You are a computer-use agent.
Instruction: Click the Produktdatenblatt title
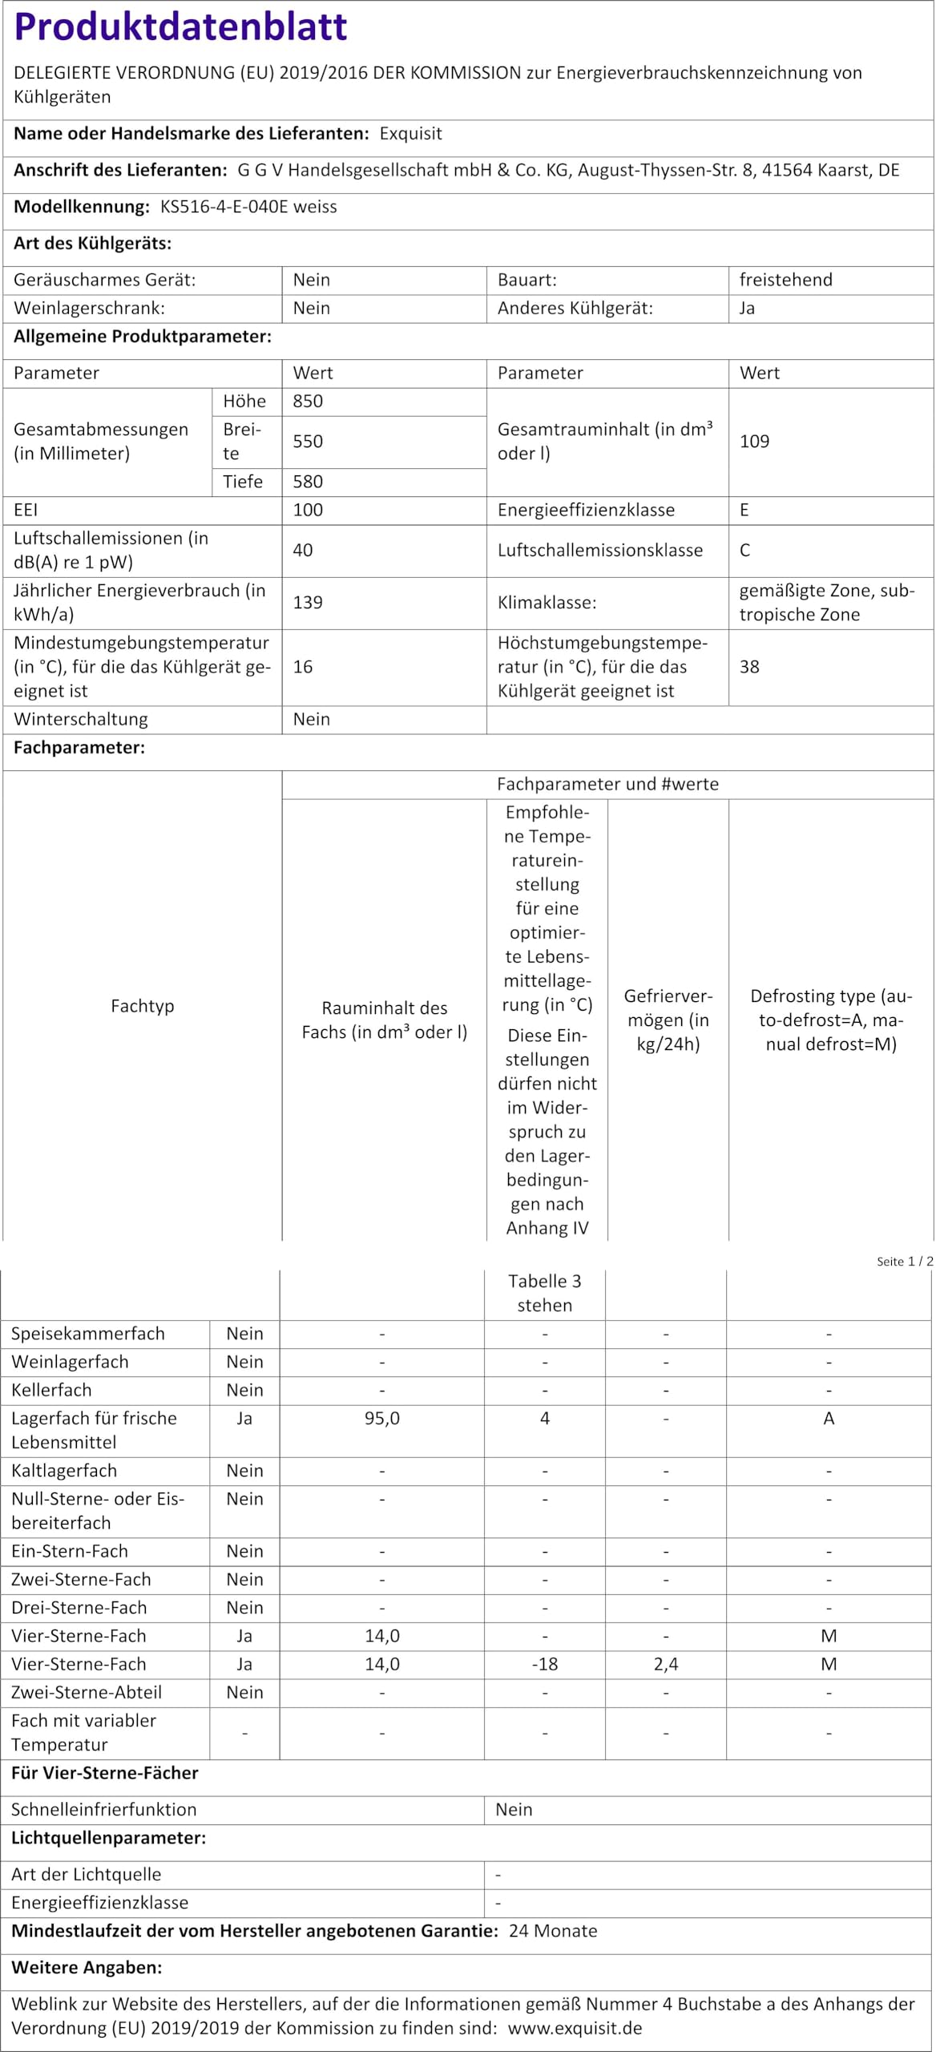click(180, 26)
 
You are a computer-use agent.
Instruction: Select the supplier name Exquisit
click(410, 134)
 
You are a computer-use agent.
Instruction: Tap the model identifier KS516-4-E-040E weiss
click(248, 207)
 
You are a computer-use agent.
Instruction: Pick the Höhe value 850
click(308, 402)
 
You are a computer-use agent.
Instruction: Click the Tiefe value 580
click(308, 482)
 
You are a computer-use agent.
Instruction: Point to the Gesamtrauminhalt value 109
click(754, 442)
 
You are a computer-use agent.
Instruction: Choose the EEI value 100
click(308, 510)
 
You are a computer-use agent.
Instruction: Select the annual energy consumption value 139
click(308, 603)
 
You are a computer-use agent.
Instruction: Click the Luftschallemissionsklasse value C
click(745, 551)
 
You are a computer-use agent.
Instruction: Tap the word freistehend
click(785, 280)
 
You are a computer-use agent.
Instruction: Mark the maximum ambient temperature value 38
click(749, 667)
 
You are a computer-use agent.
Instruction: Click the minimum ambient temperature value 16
click(303, 667)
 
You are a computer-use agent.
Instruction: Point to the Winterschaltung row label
click(81, 720)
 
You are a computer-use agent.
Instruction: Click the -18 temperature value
click(545, 1664)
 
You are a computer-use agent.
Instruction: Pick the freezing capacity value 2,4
click(666, 1664)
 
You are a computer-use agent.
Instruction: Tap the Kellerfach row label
click(51, 1390)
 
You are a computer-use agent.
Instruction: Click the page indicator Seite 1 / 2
click(905, 1262)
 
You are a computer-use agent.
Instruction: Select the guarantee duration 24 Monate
click(553, 1931)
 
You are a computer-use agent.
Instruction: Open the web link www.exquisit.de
click(575, 2029)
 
